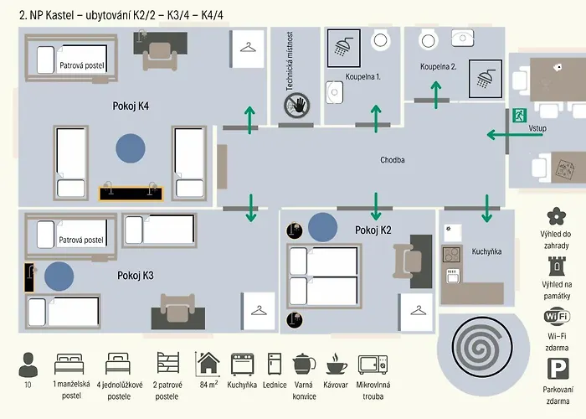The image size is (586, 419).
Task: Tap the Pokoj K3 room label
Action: click(x=135, y=275)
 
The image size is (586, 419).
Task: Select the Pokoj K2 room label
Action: click(x=373, y=230)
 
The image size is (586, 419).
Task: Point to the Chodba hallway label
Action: click(x=393, y=160)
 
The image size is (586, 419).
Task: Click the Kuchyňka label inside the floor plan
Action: click(x=486, y=251)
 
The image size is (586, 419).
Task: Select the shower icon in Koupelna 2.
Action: click(x=485, y=78)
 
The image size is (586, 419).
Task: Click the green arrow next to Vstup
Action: click(x=505, y=133)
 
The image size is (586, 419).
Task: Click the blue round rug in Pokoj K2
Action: click(x=323, y=226)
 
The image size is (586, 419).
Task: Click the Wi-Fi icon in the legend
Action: click(x=556, y=317)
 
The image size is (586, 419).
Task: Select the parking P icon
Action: click(x=556, y=368)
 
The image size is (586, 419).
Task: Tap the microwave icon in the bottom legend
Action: click(x=373, y=365)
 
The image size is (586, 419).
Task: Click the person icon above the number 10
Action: click(x=28, y=364)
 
